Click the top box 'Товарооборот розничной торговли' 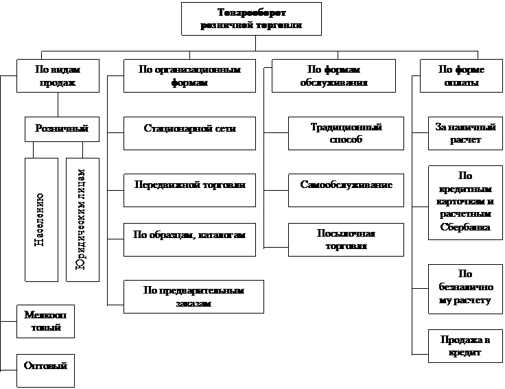251,19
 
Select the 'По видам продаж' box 56,75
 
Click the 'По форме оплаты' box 458,75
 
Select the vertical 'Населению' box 41,220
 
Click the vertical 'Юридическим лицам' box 82,220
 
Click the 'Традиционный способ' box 345,134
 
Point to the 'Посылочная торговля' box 345,240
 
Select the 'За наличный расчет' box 458,133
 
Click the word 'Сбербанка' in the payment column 458,227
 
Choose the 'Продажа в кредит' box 458,346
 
